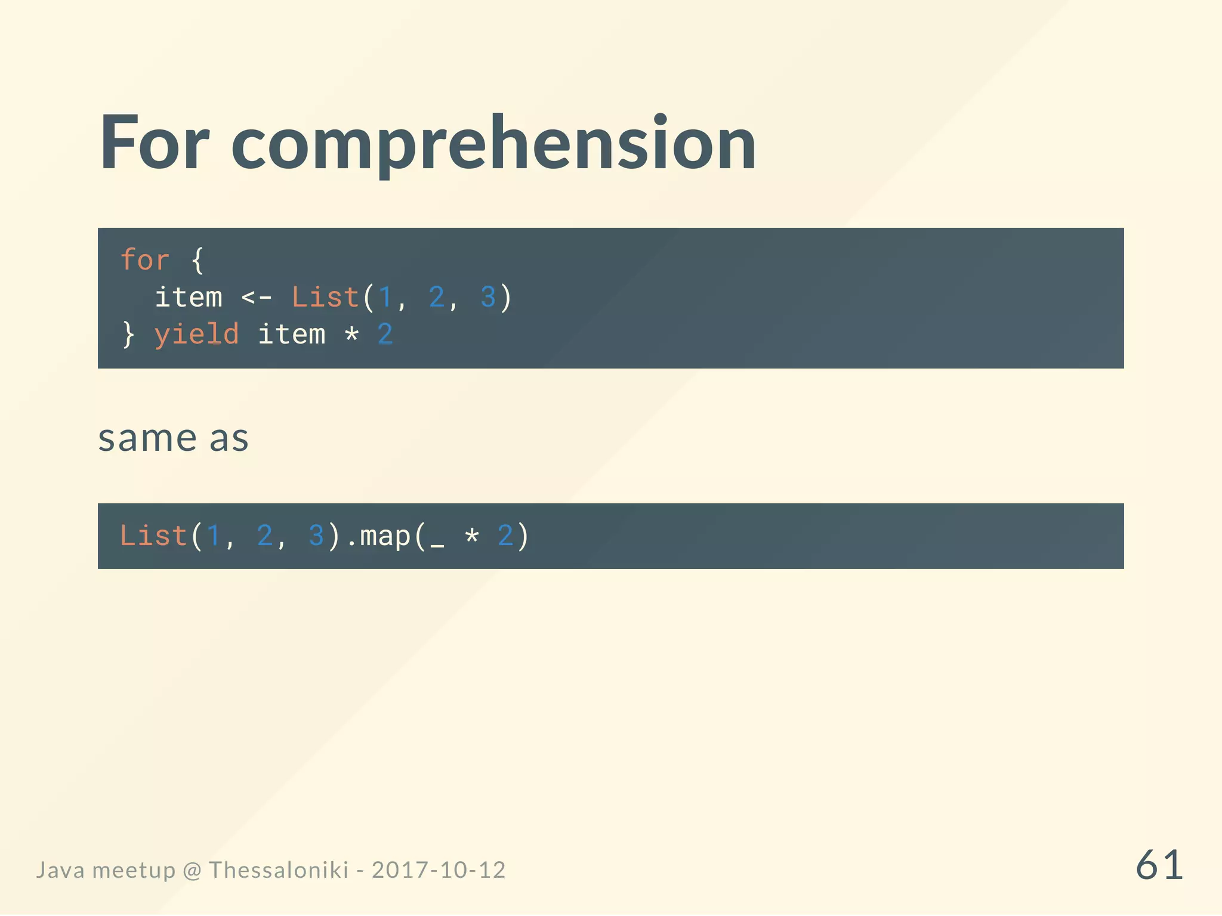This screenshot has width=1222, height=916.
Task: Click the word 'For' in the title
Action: click(x=154, y=143)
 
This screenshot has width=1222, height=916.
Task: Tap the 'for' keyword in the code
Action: click(x=145, y=260)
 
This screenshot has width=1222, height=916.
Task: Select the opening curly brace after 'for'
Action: click(x=198, y=261)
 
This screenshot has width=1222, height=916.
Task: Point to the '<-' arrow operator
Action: click(x=257, y=297)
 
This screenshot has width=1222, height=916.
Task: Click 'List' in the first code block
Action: click(x=325, y=297)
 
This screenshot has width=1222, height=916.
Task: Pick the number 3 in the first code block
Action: click(x=488, y=297)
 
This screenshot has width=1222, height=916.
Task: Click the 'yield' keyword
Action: click(x=196, y=335)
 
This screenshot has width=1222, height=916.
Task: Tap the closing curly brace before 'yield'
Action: click(x=128, y=335)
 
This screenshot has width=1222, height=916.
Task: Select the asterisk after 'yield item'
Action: click(x=351, y=335)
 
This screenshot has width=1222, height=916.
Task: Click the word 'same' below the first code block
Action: click(x=147, y=439)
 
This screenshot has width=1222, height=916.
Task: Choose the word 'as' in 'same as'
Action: click(x=229, y=439)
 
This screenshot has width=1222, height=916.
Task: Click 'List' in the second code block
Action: click(x=153, y=536)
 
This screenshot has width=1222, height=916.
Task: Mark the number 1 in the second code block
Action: click(x=213, y=536)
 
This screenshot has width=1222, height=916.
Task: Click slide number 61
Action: click(x=1159, y=865)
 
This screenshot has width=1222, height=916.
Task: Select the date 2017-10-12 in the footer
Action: click(x=439, y=870)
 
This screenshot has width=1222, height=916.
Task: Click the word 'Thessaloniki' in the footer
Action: click(x=279, y=870)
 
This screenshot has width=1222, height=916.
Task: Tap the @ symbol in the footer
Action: click(x=192, y=871)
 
